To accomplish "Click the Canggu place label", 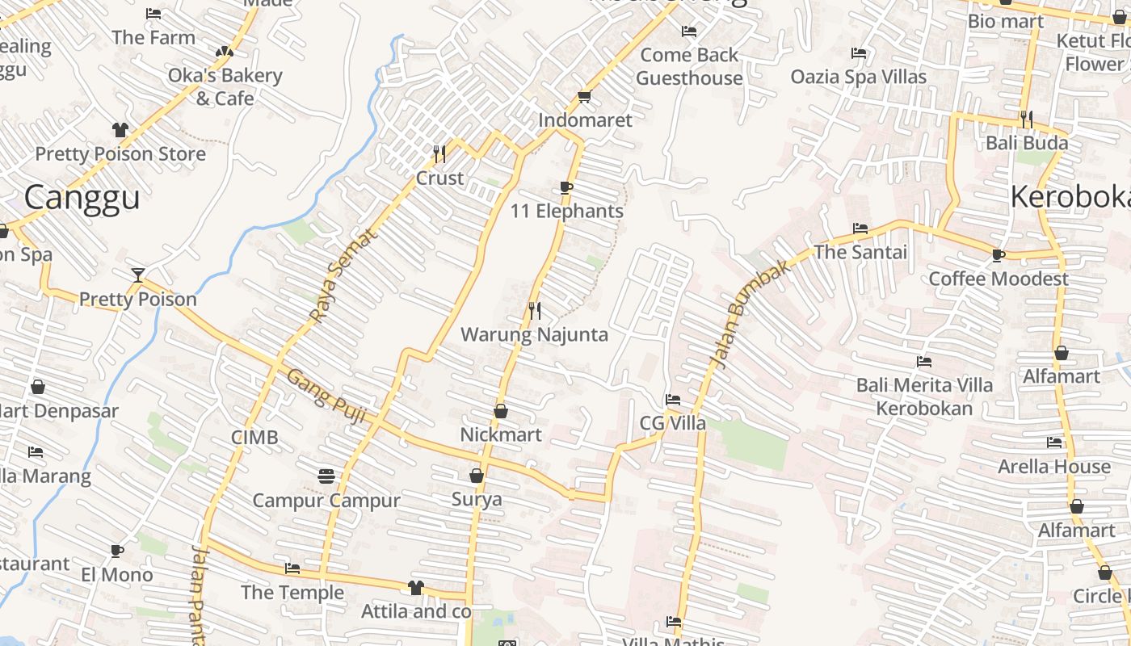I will [82, 197].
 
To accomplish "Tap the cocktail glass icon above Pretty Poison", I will [138, 275].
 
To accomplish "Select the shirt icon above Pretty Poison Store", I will [120, 130].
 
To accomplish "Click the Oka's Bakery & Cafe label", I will [225, 86].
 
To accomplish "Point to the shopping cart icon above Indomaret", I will [584, 97].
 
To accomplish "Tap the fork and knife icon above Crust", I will [439, 153].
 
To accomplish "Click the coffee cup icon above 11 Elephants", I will [566, 188].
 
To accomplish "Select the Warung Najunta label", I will [534, 334].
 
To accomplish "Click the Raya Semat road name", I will [344, 275].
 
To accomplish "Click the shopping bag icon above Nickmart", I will [501, 411].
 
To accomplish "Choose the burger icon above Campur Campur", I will [326, 476].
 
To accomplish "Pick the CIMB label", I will [254, 438].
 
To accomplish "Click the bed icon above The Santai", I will [860, 229].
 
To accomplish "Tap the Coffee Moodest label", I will [999, 279].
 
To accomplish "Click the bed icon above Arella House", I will [1054, 443].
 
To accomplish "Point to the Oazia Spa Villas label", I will [859, 77].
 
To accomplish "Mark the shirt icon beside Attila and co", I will [416, 588].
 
